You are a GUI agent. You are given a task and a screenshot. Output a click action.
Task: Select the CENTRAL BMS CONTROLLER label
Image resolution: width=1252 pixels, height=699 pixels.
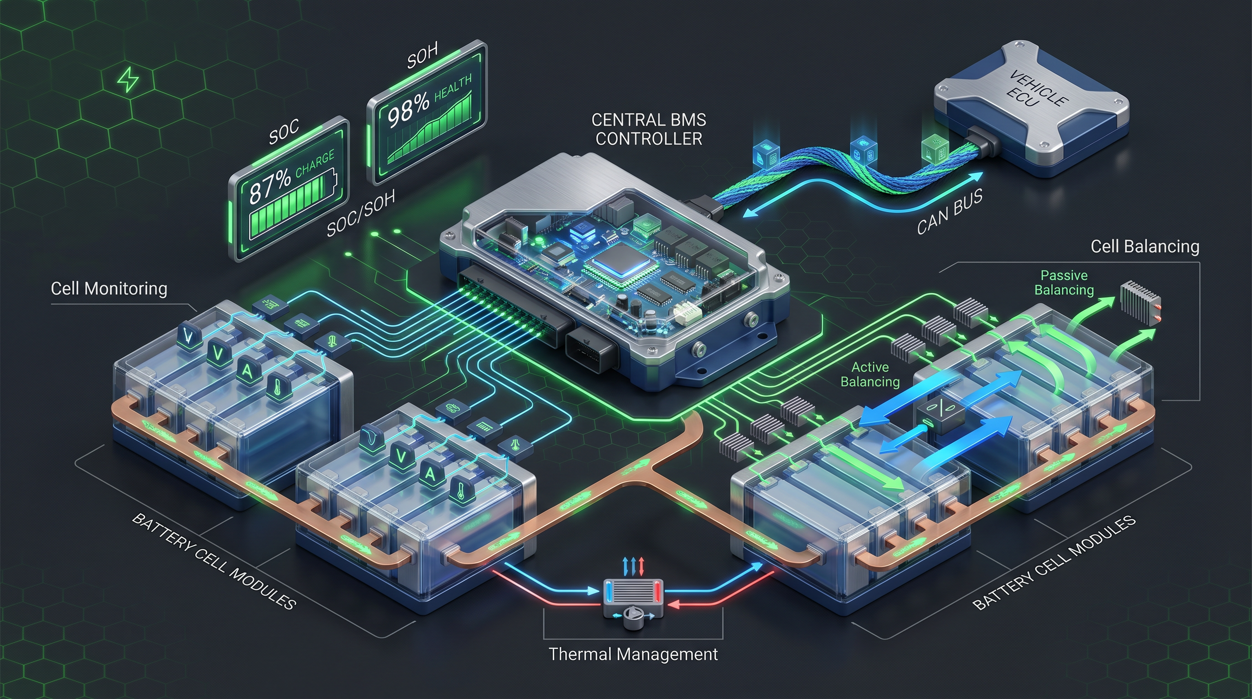pyautogui.click(x=648, y=129)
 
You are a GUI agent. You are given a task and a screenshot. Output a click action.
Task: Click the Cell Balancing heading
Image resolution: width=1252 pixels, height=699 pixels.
pyautogui.click(x=1145, y=247)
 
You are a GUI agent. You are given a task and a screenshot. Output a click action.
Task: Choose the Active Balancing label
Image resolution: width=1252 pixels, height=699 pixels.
pyautogui.click(x=870, y=374)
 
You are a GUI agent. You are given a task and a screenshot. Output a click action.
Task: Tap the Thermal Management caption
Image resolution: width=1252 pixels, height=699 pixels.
pyautogui.click(x=633, y=654)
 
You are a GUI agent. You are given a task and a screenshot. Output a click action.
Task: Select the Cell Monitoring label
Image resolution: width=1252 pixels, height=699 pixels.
pyautogui.click(x=109, y=289)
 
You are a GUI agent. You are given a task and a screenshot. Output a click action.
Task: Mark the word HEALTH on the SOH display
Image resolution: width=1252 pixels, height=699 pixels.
pyautogui.click(x=452, y=87)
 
